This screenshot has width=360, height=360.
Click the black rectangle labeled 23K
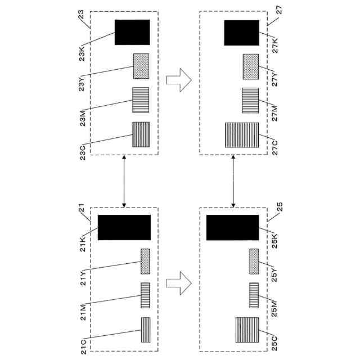pos(132,32)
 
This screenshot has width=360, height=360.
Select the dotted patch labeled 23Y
pos(141,66)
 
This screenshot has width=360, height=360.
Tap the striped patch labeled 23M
pos(141,100)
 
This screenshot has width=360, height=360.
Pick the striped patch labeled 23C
pos(141,134)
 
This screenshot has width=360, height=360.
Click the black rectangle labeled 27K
pos(241,32)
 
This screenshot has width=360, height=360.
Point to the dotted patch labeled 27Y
pos(250,66)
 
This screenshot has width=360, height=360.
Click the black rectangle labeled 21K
pos(124,227)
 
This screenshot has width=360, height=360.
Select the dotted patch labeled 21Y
pos(145,261)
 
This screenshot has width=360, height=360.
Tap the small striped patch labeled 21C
pos(145,330)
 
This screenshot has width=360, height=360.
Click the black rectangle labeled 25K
pos(233,227)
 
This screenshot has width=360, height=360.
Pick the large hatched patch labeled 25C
pos(247,330)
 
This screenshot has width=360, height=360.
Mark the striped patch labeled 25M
pos(254,295)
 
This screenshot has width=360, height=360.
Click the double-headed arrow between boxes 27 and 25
pos(233,181)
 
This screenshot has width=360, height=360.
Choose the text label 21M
pos(82,310)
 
